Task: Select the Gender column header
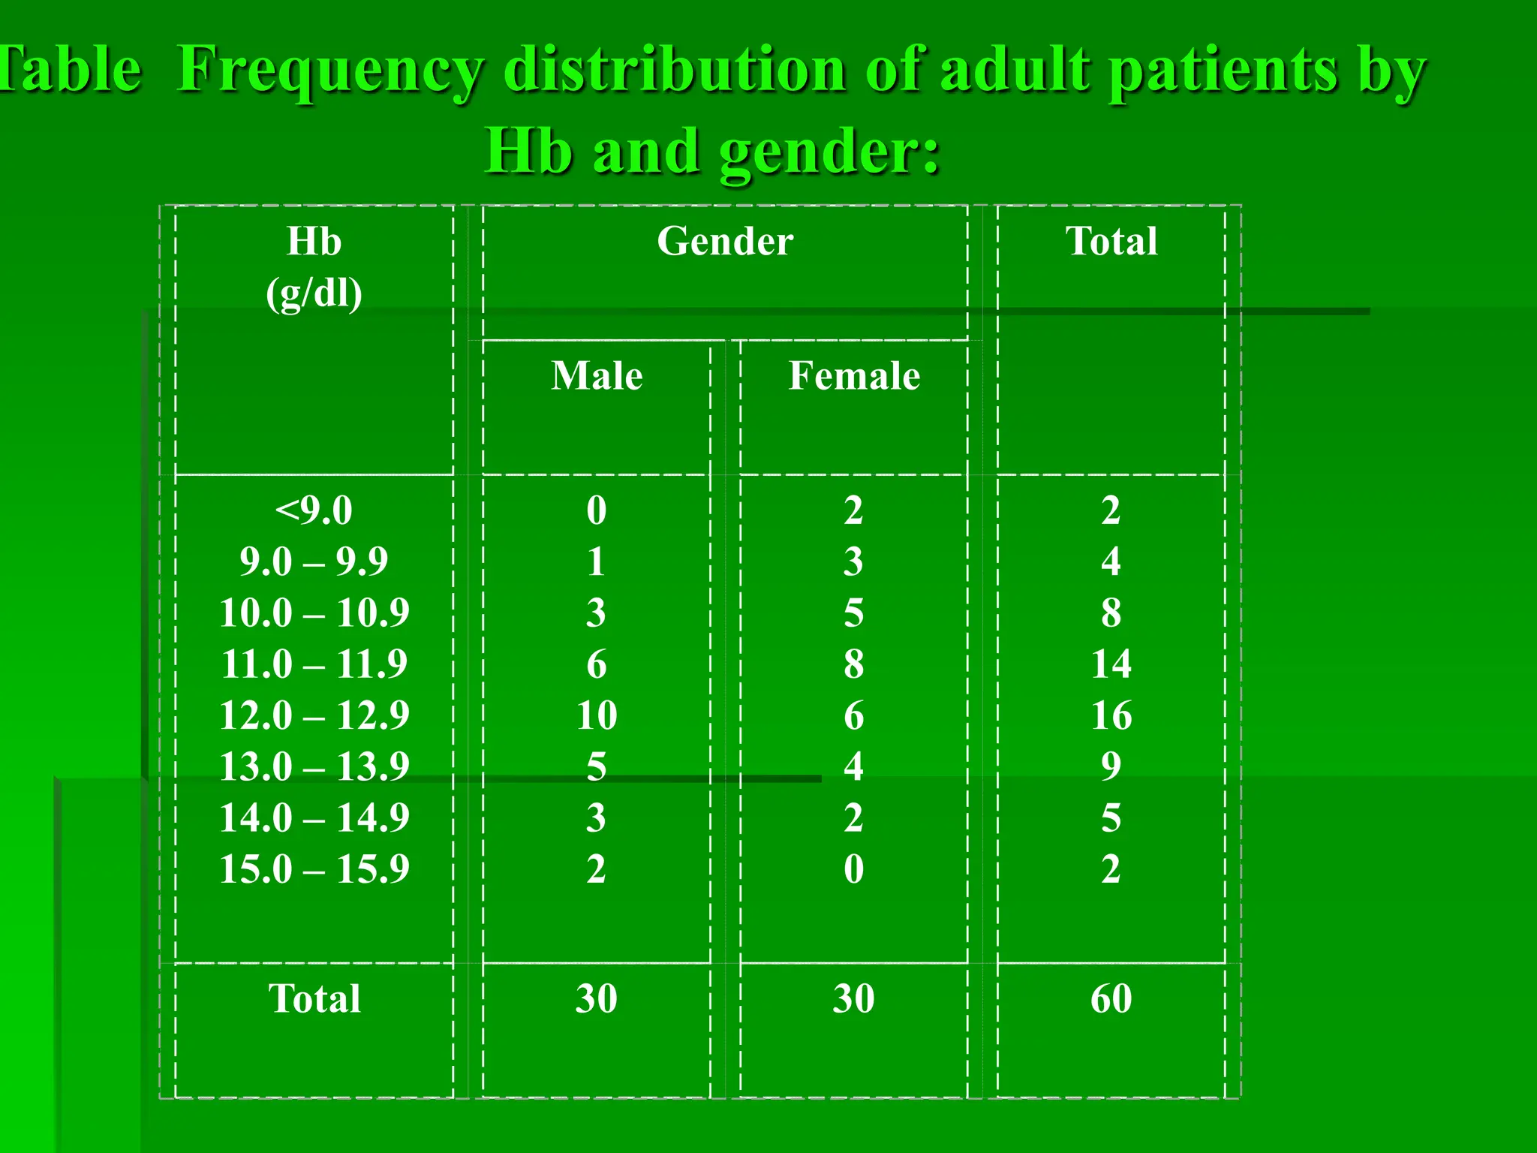(725, 242)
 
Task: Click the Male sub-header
(597, 375)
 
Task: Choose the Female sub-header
(854, 375)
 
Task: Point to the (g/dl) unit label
(314, 293)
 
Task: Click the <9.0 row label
(314, 510)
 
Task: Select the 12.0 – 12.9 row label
(314, 715)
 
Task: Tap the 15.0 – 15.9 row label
(314, 869)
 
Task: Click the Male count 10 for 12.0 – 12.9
(597, 715)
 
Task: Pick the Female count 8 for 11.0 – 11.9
(853, 664)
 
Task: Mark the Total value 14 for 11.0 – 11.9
(1111, 664)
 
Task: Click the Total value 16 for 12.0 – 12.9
(1111, 715)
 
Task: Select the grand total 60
(1111, 998)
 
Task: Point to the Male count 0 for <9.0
(597, 510)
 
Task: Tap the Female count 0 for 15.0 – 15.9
(853, 869)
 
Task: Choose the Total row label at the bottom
(314, 998)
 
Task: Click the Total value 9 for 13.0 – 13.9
(1111, 766)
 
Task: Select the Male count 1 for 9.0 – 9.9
(597, 561)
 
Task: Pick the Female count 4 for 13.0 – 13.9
(853, 766)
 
